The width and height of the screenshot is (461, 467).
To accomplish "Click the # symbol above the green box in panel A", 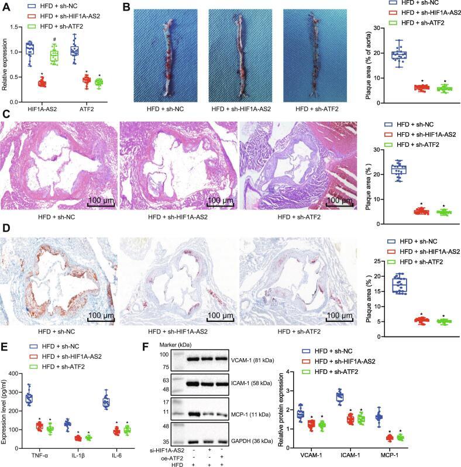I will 54,39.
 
